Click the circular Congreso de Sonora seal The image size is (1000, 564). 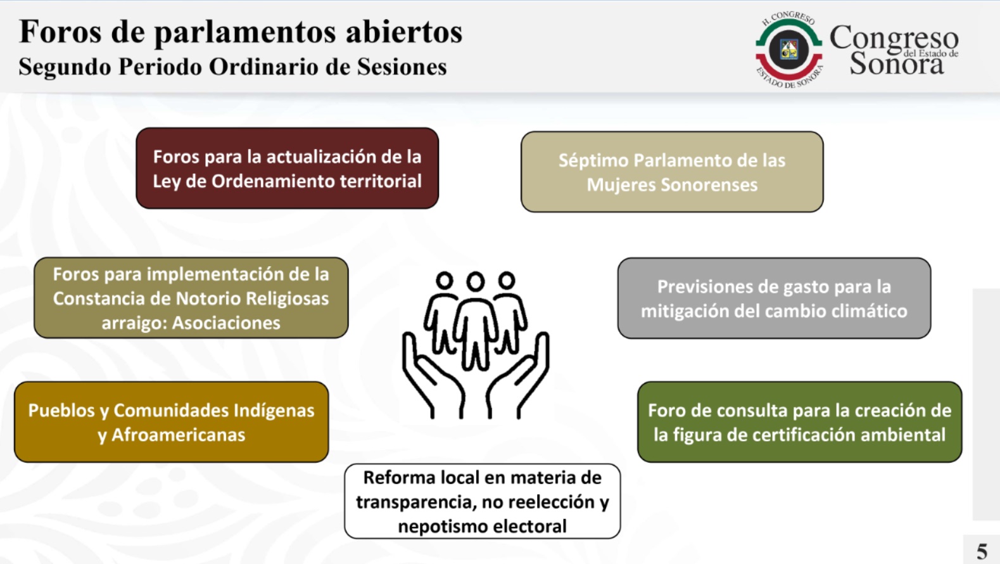pos(788,49)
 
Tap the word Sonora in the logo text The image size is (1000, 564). pos(896,63)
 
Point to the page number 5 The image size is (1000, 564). pos(982,552)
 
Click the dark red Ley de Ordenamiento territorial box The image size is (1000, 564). pos(288,169)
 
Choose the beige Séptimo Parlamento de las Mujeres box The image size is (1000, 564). pos(672,172)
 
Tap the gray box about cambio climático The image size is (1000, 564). pos(774,298)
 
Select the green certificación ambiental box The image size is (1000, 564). pos(799,422)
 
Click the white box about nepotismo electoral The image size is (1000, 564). pos(482,501)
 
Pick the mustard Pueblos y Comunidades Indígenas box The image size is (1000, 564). pos(172,422)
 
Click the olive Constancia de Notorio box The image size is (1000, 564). pos(191,297)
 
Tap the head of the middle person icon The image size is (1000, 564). pos(476,281)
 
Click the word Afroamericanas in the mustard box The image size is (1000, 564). pos(178,435)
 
